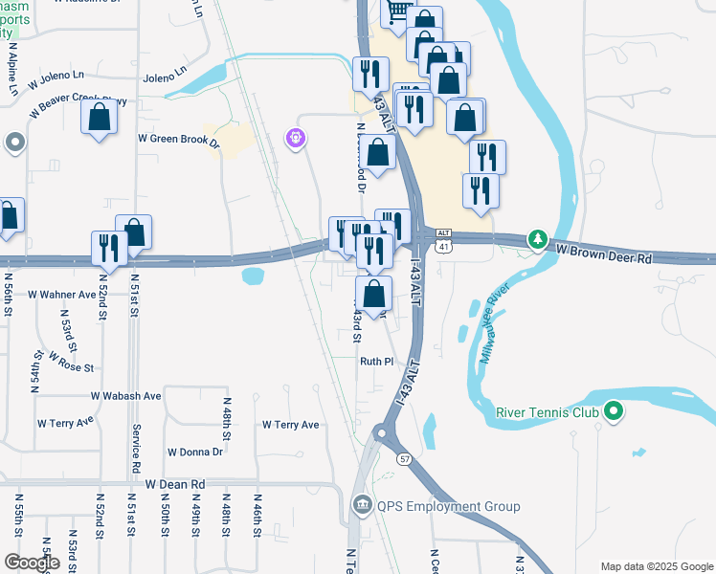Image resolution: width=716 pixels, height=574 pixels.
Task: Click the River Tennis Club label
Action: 547,413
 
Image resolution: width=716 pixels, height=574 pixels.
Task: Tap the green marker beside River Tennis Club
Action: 615,413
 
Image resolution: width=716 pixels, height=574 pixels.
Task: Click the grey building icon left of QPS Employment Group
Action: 361,505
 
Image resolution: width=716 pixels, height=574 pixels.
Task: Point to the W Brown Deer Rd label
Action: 604,257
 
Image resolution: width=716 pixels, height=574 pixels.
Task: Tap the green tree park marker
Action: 539,237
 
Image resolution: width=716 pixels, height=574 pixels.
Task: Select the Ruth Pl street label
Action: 376,362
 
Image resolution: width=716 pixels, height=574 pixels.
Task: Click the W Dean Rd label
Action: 176,485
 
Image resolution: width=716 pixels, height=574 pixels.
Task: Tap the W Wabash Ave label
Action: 126,395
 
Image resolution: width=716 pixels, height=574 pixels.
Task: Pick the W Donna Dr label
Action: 194,452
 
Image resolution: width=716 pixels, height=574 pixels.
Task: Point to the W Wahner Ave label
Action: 62,295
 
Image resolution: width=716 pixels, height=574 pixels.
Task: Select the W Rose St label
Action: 71,366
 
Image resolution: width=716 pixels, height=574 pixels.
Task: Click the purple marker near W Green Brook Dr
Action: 296,140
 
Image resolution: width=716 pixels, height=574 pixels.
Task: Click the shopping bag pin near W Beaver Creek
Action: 100,118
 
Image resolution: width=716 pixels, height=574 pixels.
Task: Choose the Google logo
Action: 32,563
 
